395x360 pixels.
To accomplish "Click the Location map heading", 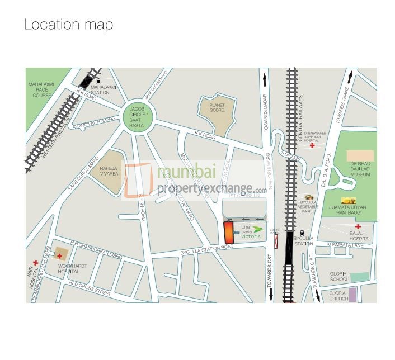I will click(68, 25).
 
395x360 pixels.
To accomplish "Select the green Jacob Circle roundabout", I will click(137, 117).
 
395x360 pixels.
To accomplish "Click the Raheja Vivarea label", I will click(109, 171).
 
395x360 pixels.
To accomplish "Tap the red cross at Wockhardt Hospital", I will click(59, 255).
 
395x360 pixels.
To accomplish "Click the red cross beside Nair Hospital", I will click(35, 263).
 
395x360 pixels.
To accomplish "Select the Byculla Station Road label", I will click(206, 250).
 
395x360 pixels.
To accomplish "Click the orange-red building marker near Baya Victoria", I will click(228, 233).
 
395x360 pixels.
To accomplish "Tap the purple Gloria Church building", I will click(352, 295).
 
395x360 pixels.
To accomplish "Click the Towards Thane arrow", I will click(350, 76).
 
